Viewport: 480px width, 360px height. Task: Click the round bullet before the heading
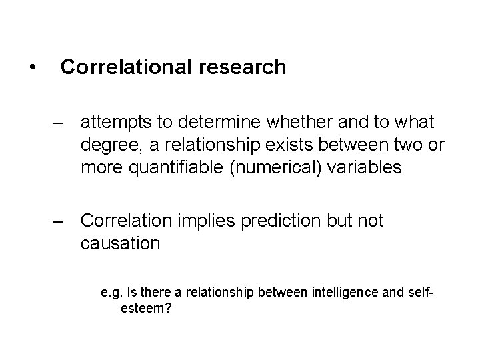(x=31, y=68)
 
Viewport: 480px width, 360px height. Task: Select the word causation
(x=120, y=243)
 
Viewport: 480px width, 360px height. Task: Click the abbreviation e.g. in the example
(x=111, y=292)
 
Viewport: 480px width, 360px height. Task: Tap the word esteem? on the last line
(x=146, y=309)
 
